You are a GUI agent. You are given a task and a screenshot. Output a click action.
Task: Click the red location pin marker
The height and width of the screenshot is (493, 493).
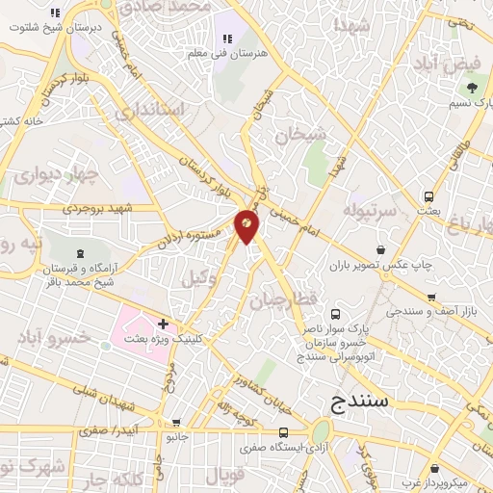coord(247,225)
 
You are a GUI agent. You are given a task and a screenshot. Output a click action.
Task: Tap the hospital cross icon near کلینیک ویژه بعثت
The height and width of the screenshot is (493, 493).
coord(164,324)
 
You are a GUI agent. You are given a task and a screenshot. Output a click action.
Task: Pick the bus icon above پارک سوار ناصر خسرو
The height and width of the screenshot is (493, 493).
coord(335,314)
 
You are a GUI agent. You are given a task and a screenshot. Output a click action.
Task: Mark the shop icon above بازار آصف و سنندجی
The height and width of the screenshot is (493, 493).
coord(432,298)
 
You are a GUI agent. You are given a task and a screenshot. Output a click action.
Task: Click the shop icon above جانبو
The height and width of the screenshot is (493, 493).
coord(175,422)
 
